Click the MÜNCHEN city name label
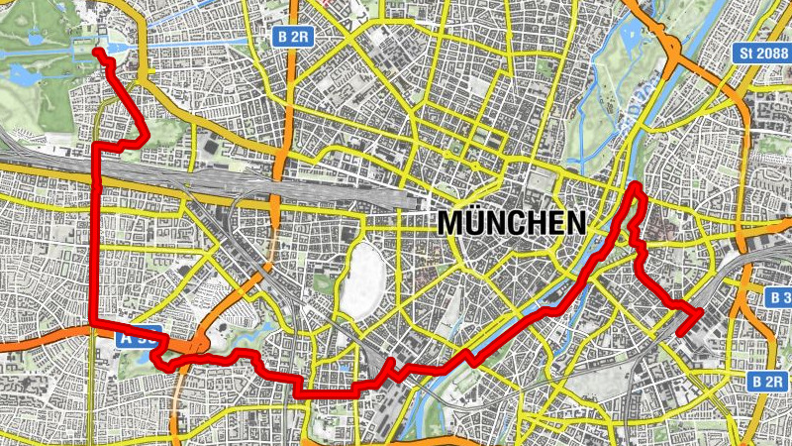coord(511,221)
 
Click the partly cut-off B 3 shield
coord(779,297)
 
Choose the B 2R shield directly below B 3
coord(768,381)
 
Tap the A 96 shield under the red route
coord(139,338)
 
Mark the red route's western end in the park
coord(98,53)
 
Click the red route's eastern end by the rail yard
coord(681,331)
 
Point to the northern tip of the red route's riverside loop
coord(635,185)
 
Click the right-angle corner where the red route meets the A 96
coord(94,322)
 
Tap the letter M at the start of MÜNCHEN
coord(450,222)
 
